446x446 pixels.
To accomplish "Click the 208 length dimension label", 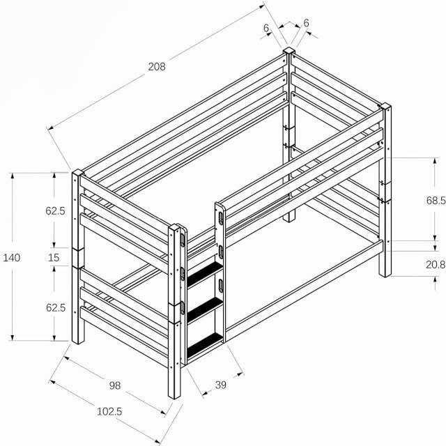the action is [157, 67].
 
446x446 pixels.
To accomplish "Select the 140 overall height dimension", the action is [11, 258].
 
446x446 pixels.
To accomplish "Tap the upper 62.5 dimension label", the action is [55, 210].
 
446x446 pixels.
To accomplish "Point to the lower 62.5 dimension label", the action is [56, 307].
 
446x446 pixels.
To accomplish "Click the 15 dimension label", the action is [54, 258].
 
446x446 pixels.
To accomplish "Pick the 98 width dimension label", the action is [115, 385].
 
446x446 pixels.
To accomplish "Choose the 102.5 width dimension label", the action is [109, 411].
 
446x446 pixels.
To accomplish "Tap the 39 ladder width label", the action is [221, 385].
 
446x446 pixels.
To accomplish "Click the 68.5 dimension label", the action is [436, 201].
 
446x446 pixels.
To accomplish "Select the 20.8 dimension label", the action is [436, 265].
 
